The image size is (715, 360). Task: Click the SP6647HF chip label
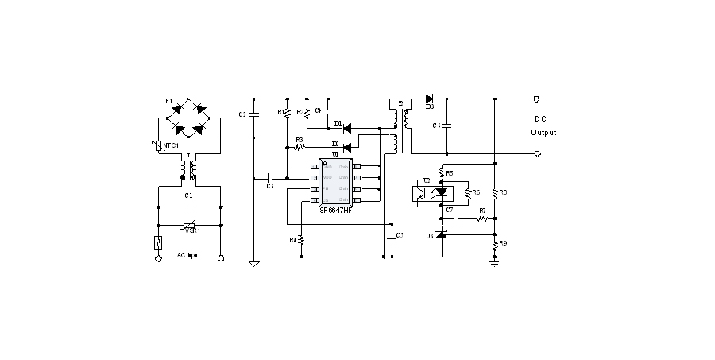tap(337, 210)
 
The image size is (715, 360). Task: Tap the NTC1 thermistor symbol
tap(160, 145)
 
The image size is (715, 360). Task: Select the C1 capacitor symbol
tap(188, 206)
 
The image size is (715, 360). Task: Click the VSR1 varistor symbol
tap(189, 225)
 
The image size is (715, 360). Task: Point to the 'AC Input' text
tap(188, 255)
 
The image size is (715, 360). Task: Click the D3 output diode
tap(429, 99)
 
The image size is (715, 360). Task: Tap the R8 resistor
tap(494, 192)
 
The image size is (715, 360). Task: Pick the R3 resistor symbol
tap(300, 147)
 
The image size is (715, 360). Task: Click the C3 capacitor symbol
tap(270, 177)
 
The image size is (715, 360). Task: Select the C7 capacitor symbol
tap(449, 217)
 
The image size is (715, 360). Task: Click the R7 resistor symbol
tap(481, 217)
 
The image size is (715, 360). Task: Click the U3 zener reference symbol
tap(440, 236)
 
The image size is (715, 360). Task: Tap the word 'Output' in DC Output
tap(543, 133)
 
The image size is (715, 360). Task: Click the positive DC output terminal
tap(538, 99)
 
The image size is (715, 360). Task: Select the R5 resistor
tap(440, 172)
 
